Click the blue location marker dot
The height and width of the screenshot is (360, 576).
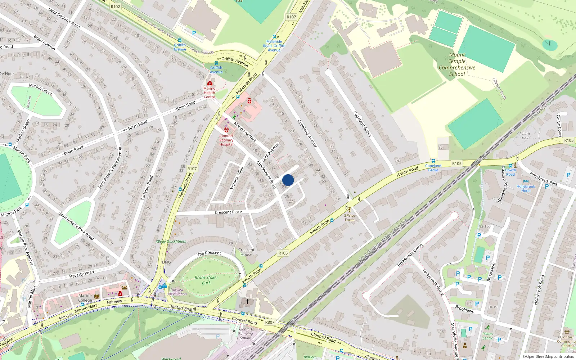point(288,180)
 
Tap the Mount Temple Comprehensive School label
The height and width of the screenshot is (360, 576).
point(457,64)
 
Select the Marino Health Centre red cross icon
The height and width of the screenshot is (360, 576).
point(210,84)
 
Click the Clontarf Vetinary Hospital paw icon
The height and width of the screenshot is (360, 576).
point(226,130)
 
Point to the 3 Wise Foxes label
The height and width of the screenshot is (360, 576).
point(349,217)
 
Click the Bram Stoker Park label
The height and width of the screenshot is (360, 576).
point(206,280)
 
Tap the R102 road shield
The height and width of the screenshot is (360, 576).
point(116,6)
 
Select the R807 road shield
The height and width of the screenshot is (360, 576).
point(270,322)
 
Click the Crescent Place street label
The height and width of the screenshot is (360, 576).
point(228,212)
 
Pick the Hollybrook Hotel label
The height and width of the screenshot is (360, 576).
point(526,188)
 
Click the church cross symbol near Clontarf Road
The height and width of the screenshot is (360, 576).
point(247,301)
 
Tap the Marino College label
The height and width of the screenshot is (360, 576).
point(85,298)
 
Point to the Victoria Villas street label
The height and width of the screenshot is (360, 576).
point(237,178)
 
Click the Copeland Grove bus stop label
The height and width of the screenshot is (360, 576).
point(433,168)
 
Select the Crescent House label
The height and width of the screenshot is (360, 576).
point(246,252)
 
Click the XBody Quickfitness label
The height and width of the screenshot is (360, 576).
point(171,241)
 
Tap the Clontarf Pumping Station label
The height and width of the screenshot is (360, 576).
point(246,333)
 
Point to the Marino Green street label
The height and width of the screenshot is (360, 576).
point(41,89)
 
